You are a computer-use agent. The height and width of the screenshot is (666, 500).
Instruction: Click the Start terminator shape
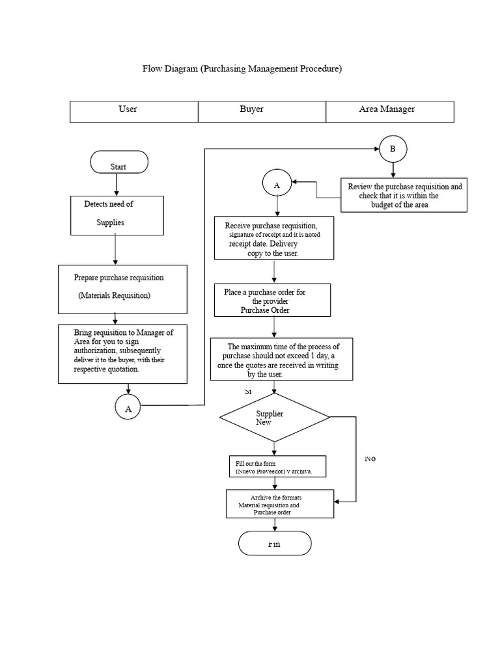(x=119, y=163)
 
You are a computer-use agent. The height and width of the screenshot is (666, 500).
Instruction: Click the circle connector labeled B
(x=392, y=150)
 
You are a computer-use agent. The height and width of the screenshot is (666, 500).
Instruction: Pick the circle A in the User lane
(x=128, y=408)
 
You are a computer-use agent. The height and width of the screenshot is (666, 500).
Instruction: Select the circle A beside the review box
(x=277, y=185)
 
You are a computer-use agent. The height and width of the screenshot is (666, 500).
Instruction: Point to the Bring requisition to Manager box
(x=123, y=353)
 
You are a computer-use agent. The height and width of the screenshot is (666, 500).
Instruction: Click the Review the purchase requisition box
(x=404, y=195)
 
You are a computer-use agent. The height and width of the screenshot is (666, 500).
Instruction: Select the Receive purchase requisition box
(x=274, y=238)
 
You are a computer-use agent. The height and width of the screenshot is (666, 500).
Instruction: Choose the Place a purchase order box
(x=273, y=300)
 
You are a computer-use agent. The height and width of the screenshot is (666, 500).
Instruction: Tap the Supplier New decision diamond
(x=275, y=418)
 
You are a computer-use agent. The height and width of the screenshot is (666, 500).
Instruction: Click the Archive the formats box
(x=279, y=504)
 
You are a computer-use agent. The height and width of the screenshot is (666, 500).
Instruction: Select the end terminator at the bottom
(x=275, y=544)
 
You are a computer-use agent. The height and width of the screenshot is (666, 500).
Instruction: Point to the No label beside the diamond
(x=370, y=459)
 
